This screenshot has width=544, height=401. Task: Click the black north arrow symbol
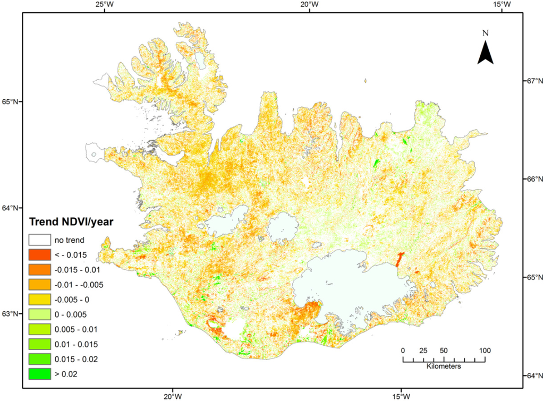point(485,53)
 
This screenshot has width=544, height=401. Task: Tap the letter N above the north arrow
point(485,33)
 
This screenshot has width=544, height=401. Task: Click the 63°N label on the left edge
point(11,313)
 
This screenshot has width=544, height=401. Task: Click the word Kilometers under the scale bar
point(443,366)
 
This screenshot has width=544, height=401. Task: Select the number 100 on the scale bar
point(484,350)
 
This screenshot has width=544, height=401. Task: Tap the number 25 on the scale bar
point(423,350)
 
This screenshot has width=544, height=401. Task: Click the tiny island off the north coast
point(366,81)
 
